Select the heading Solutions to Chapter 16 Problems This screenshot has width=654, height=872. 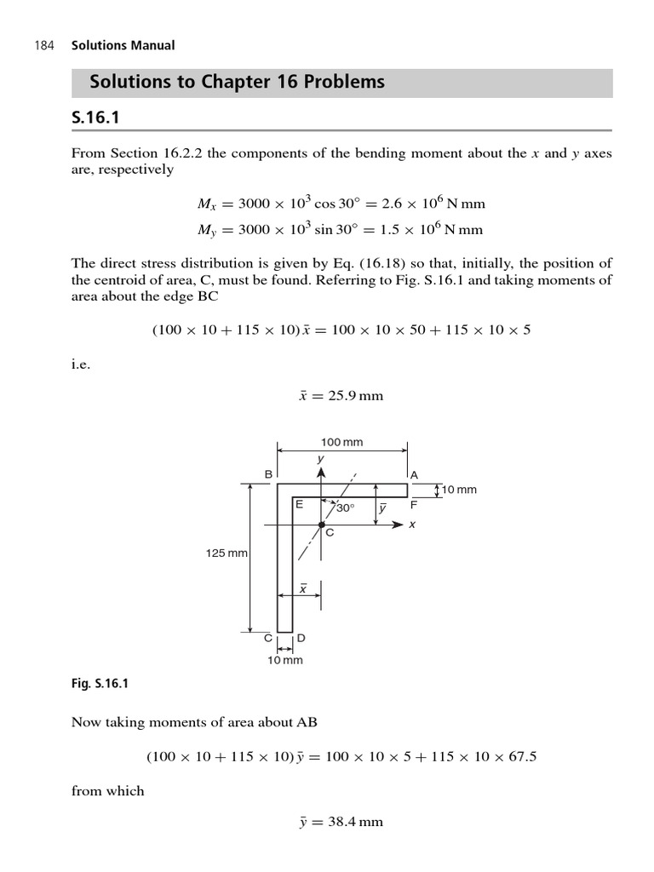pyautogui.click(x=237, y=83)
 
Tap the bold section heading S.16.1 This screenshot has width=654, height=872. pyautogui.click(x=95, y=118)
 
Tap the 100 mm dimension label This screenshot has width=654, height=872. pyautogui.click(x=341, y=442)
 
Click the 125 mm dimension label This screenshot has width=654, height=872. pyautogui.click(x=227, y=554)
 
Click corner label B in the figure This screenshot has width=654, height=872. pyautogui.click(x=268, y=474)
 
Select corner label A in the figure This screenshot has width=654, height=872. pyautogui.click(x=415, y=474)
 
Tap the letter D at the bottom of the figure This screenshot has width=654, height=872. pyautogui.click(x=301, y=638)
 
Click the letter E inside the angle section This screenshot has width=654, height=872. pyautogui.click(x=299, y=504)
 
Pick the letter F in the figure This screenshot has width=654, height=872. pyautogui.click(x=414, y=504)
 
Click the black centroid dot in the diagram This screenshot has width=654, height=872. pyautogui.click(x=321, y=525)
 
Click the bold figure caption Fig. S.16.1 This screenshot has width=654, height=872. pyautogui.click(x=100, y=683)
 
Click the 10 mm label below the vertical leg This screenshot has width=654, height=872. pyautogui.click(x=285, y=660)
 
